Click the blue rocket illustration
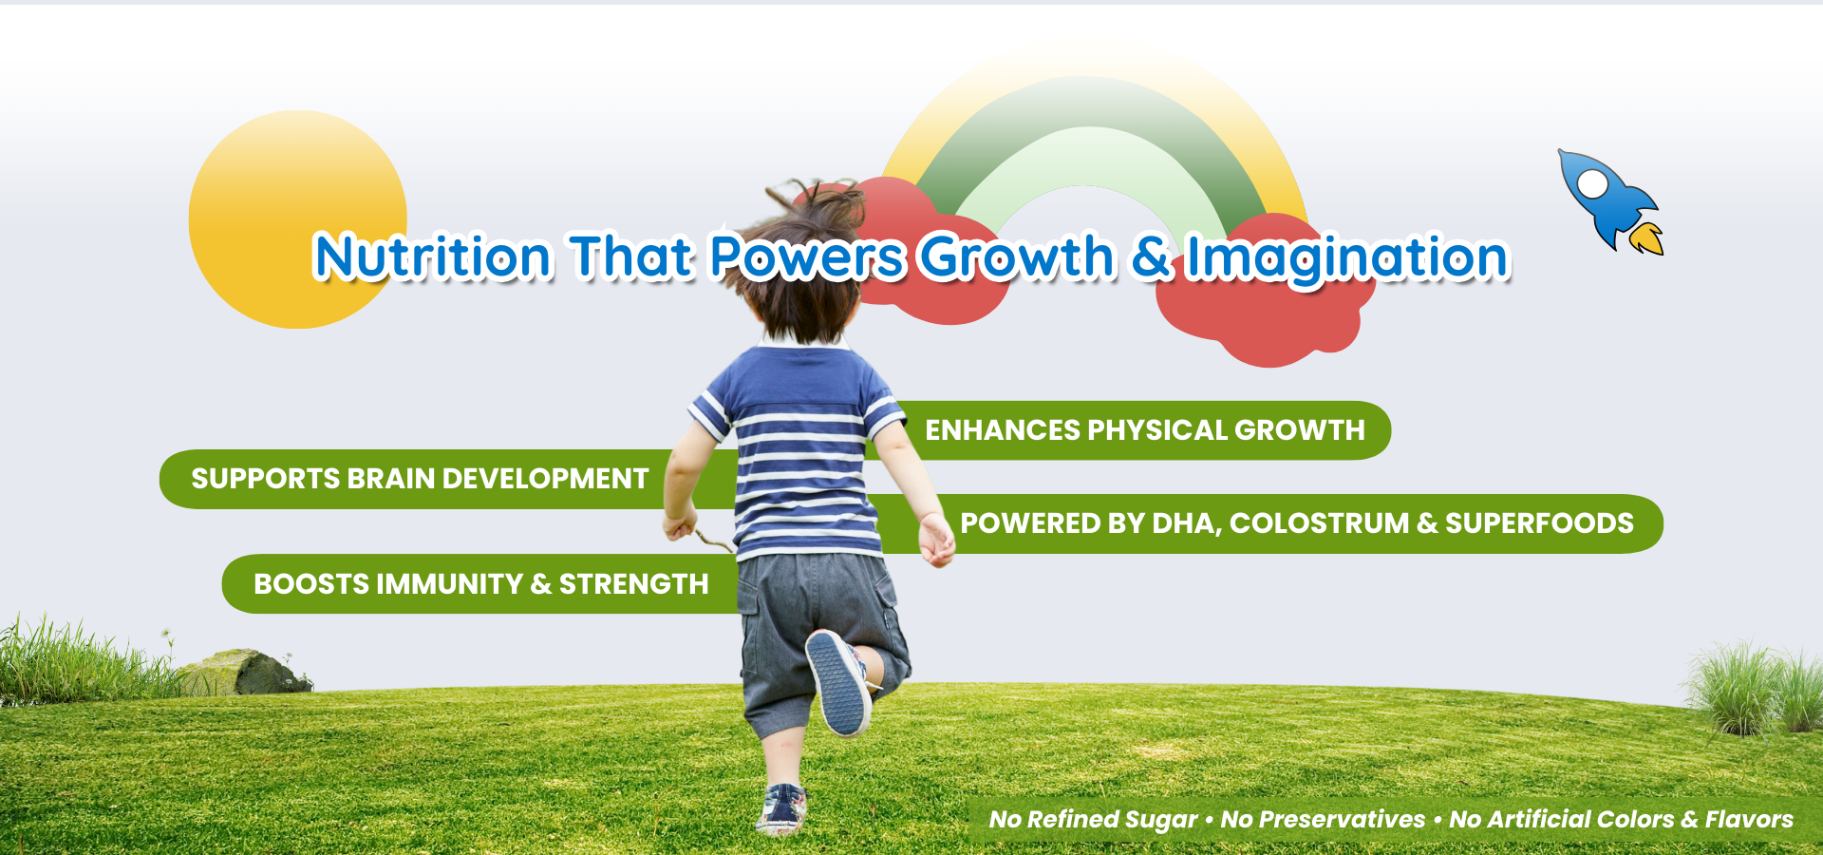coord(1607,199)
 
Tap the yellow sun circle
coord(297,219)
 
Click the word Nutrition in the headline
coord(432,256)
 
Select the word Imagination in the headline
coord(1347,258)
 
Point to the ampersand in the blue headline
coord(1151,257)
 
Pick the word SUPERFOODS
coord(1539,523)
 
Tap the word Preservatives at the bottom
coord(1343,819)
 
